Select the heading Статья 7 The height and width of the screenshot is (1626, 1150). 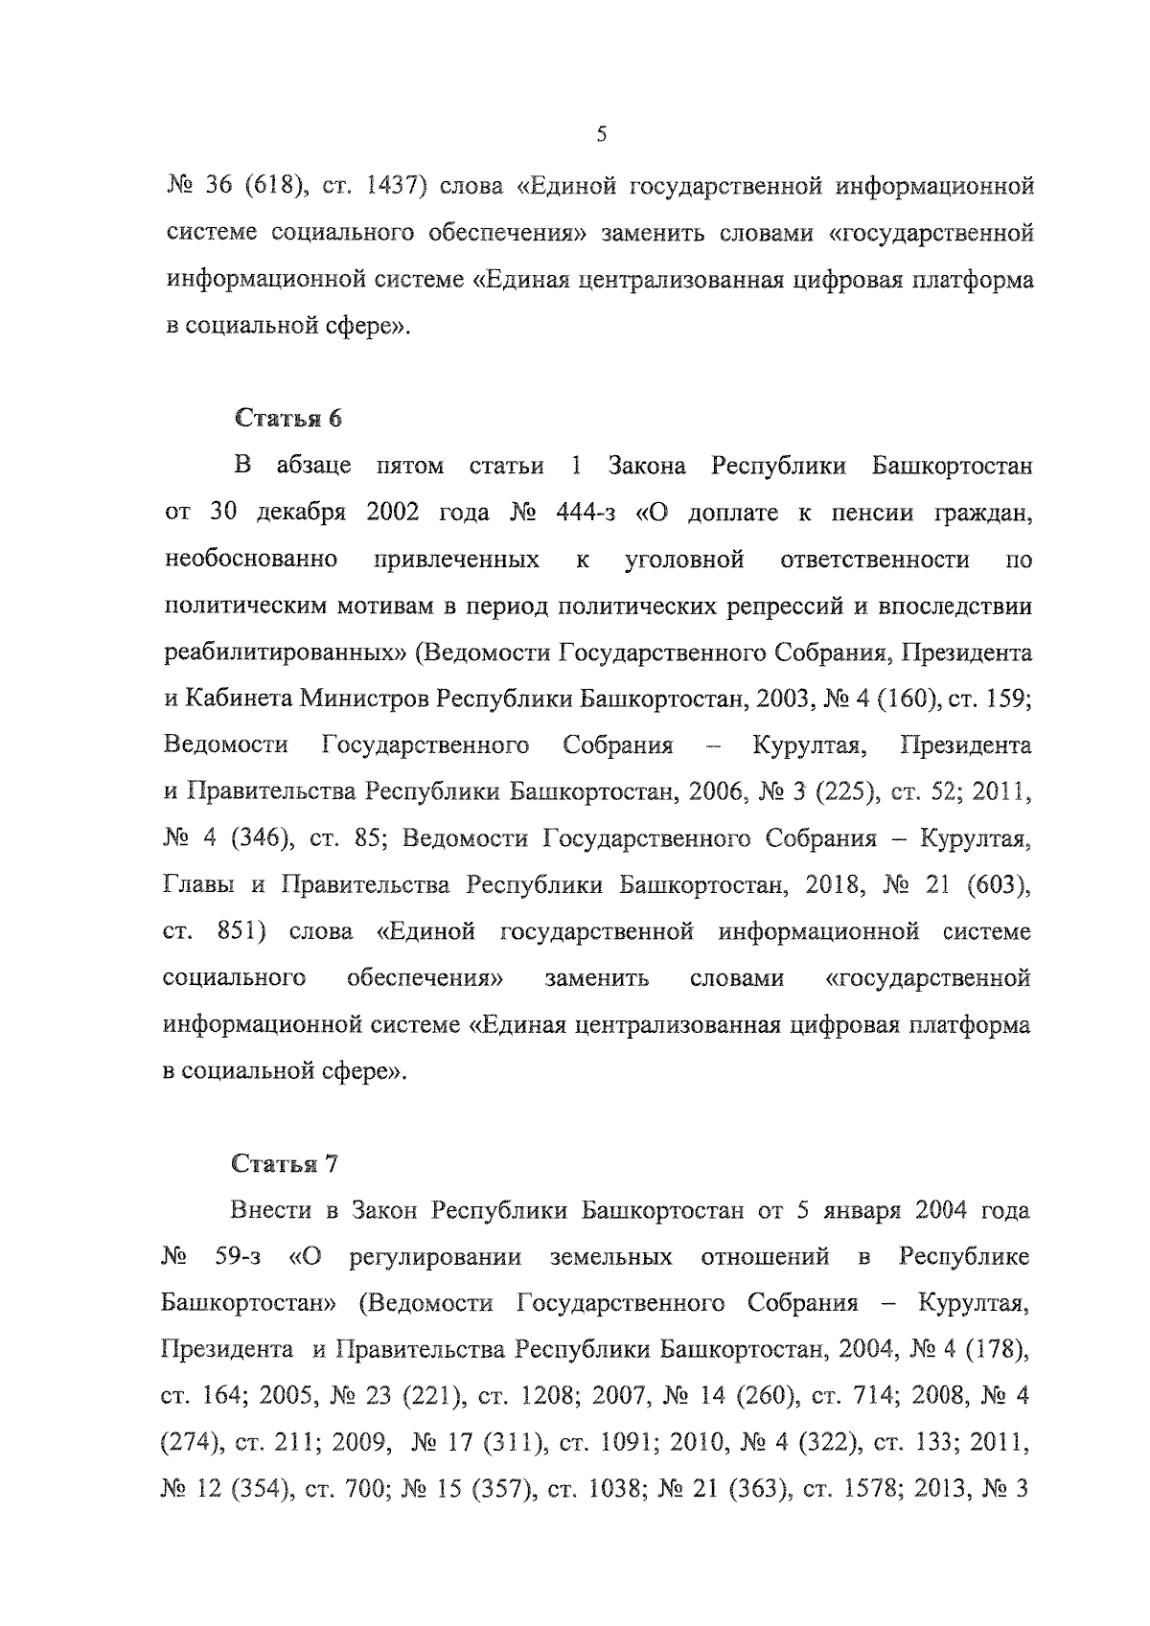pos(286,1163)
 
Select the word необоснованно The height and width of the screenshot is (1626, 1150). pos(251,560)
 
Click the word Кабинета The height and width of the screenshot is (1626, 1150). pos(237,699)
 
